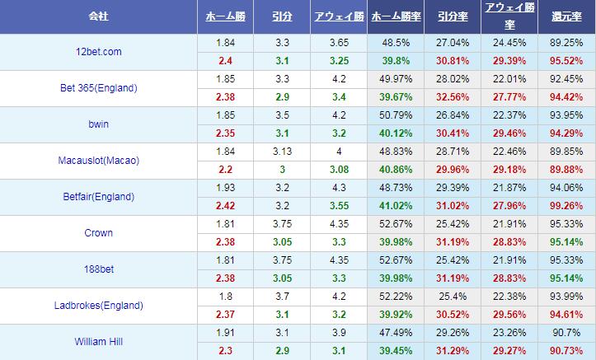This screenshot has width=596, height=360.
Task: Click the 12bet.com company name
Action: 98,52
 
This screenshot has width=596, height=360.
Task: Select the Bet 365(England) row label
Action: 98,88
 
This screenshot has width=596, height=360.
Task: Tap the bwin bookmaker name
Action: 98,124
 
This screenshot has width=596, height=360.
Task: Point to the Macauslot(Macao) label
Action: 98,161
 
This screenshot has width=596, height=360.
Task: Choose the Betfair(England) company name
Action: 98,197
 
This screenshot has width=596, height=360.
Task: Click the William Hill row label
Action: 98,342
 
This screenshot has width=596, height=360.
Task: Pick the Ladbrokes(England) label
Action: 98,306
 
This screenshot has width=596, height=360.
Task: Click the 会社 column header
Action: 98,16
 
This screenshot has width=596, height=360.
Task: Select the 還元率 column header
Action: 565,16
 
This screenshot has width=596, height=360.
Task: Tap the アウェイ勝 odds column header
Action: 338,16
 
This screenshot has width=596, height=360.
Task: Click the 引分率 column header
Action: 453,16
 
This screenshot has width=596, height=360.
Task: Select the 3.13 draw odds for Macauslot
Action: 280,152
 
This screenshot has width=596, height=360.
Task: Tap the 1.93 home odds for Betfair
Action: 223,188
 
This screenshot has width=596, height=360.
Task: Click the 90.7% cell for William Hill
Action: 565,333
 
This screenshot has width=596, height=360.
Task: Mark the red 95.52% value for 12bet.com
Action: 565,61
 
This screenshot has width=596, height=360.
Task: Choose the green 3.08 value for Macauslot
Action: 338,170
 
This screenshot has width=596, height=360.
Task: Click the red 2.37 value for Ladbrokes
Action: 223,315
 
